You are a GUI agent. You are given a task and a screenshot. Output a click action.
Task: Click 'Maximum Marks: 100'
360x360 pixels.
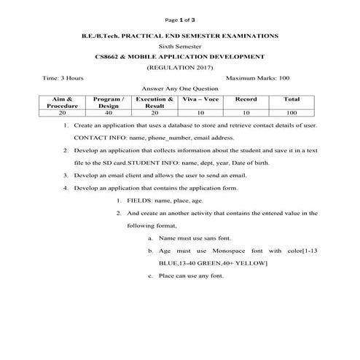[258, 77]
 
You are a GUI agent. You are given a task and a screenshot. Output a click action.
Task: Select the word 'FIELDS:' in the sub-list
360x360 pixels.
[143, 200]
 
